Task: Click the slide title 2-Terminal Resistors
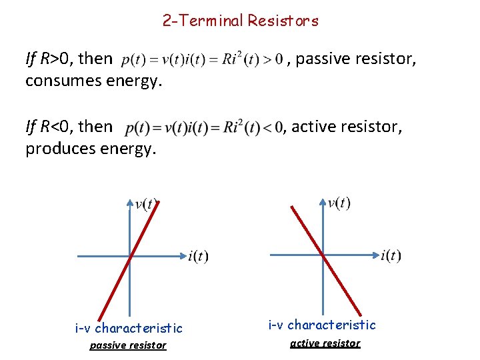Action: (240, 21)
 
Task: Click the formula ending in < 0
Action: (204, 127)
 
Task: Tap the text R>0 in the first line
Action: (57, 59)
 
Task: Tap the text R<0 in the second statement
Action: (57, 125)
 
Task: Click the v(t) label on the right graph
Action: (339, 203)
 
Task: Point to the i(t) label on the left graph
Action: (199, 256)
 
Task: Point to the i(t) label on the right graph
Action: (391, 255)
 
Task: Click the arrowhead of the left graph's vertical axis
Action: (130, 202)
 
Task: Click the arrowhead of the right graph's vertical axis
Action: (323, 201)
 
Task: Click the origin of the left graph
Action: (130, 255)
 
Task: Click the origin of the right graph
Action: (323, 255)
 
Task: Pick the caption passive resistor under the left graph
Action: (128, 345)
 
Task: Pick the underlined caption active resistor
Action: (325, 343)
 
